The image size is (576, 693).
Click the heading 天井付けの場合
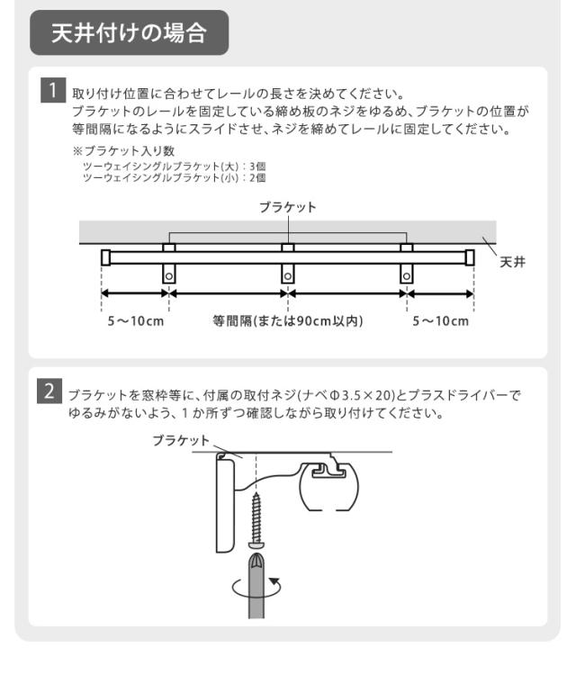129,32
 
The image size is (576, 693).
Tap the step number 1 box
53,90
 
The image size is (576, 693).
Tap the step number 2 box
49,391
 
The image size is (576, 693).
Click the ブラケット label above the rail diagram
288,207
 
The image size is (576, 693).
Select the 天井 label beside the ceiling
512,262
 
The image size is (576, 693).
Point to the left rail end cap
105,257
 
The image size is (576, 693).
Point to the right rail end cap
470,257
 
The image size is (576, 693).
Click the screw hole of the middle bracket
288,276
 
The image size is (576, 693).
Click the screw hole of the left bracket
169,276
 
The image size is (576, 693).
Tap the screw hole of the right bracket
407,276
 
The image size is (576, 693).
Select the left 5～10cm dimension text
136,321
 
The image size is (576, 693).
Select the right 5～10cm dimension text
440,321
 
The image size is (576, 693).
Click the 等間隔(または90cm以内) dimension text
288,321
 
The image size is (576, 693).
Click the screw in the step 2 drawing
256,520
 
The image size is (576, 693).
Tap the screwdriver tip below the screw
256,562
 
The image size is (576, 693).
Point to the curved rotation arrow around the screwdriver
256,595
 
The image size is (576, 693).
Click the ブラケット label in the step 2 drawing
181,440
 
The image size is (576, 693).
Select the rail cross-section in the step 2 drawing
328,487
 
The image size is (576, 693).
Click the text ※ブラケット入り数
124,151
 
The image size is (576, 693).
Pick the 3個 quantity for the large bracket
257,166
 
